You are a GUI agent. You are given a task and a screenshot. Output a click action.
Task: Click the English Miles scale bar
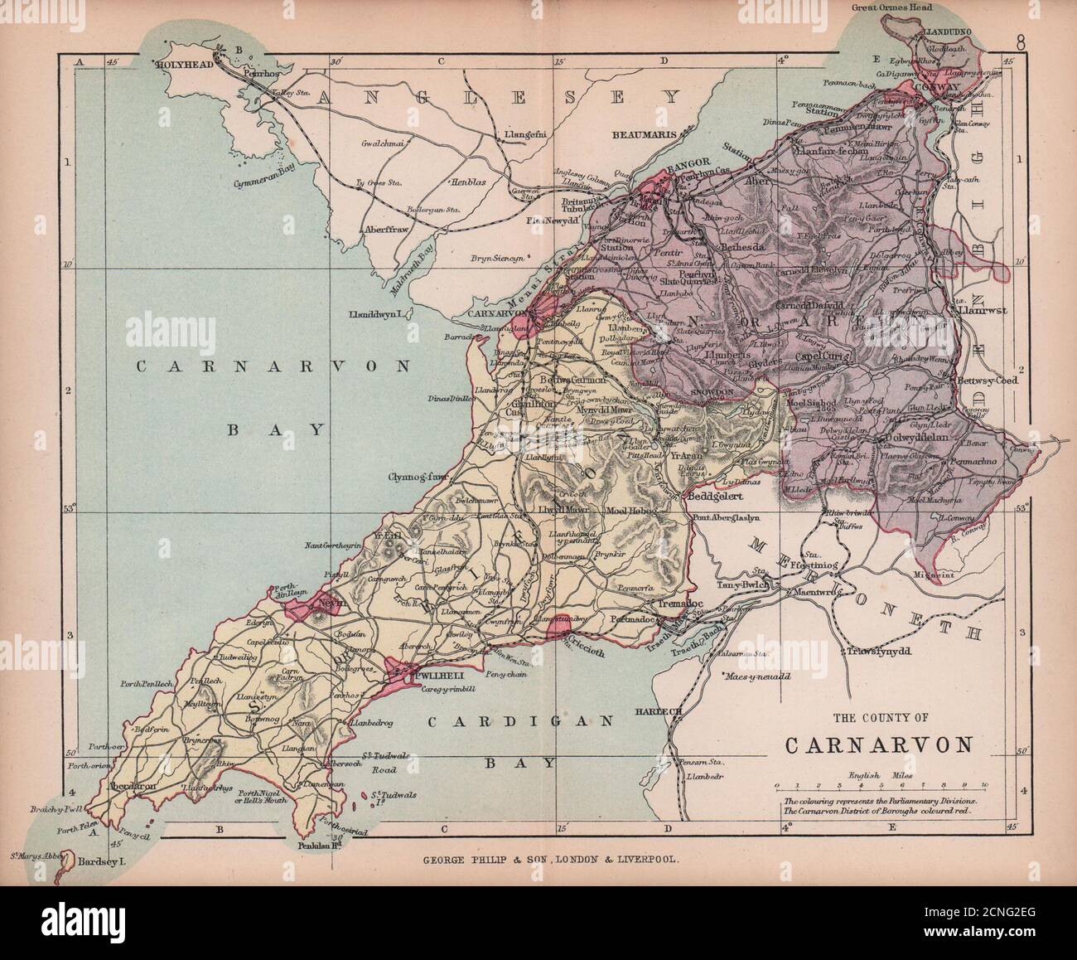[880, 784]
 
